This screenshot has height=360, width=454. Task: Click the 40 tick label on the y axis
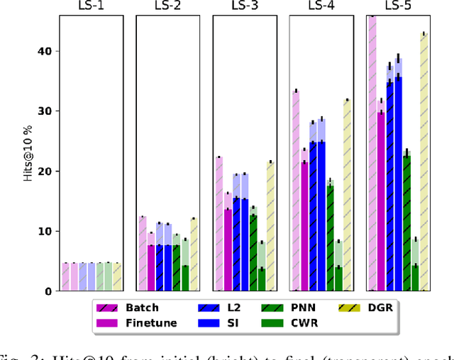click(x=45, y=51)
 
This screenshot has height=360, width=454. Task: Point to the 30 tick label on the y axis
click(x=45, y=111)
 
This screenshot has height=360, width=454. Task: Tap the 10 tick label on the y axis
click(x=45, y=231)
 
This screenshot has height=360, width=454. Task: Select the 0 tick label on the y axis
click(x=48, y=291)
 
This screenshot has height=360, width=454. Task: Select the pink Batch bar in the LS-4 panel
click(x=295, y=191)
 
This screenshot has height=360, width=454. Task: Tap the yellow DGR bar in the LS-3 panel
click(x=270, y=226)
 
